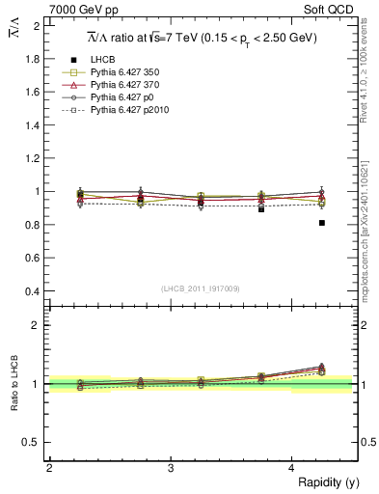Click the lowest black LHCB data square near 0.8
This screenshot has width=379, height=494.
pos(322,223)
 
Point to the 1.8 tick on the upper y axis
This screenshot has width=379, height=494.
pos(33,59)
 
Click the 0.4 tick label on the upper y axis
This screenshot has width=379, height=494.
pos(33,291)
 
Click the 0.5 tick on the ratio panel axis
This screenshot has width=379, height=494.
pos(33,442)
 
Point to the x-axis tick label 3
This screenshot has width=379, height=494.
pos(171,468)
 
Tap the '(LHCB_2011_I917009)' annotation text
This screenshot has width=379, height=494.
pos(201,288)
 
